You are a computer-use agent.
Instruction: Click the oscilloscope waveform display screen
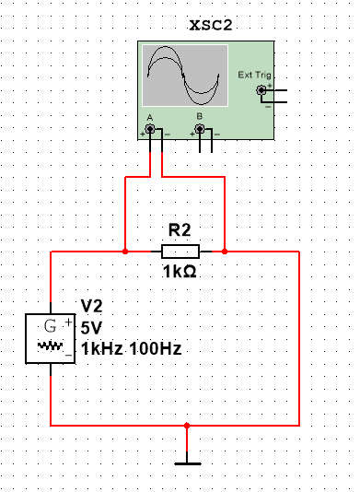(183, 76)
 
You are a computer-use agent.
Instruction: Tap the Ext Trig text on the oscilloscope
(250, 76)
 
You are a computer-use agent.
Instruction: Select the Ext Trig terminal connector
(262, 90)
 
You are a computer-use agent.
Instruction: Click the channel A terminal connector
(149, 130)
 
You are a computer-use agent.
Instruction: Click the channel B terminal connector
(200, 130)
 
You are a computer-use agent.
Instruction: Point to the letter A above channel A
(149, 117)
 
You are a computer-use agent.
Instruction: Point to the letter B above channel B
(200, 117)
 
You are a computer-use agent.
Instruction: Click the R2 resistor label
(179, 230)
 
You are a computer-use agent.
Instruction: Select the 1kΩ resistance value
(179, 273)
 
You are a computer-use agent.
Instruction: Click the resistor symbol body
(179, 251)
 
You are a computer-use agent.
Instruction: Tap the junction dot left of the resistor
(125, 251)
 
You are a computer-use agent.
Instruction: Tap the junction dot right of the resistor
(225, 251)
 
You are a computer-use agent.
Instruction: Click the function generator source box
(51, 338)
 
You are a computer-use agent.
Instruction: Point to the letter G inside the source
(50, 325)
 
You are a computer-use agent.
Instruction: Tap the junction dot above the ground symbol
(187, 426)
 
